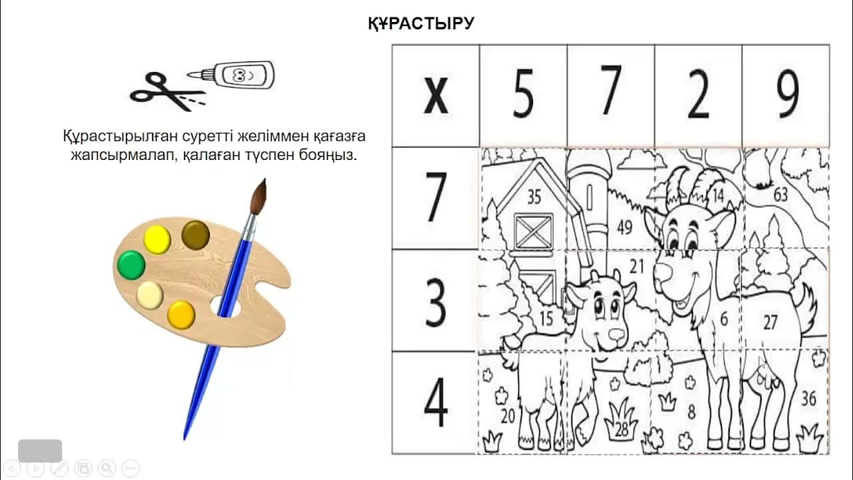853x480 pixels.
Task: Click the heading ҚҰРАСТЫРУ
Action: point(421,24)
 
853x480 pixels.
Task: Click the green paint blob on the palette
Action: point(131,265)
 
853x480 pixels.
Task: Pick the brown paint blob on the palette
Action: point(195,234)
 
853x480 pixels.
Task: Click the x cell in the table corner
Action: point(436,96)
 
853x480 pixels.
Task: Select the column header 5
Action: point(523,96)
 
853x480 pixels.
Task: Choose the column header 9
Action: point(786,96)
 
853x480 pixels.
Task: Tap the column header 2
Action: point(698,96)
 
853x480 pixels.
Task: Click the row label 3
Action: point(436,301)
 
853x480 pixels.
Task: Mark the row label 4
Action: point(436,403)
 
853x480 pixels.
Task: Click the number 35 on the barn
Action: point(534,197)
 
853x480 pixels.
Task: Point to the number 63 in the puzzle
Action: point(780,195)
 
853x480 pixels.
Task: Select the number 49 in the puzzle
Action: point(624,228)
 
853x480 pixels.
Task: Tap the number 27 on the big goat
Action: point(770,323)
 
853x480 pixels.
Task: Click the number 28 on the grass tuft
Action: point(622,430)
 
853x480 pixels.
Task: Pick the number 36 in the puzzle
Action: point(808,399)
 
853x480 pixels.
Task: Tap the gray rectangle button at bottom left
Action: point(40,451)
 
